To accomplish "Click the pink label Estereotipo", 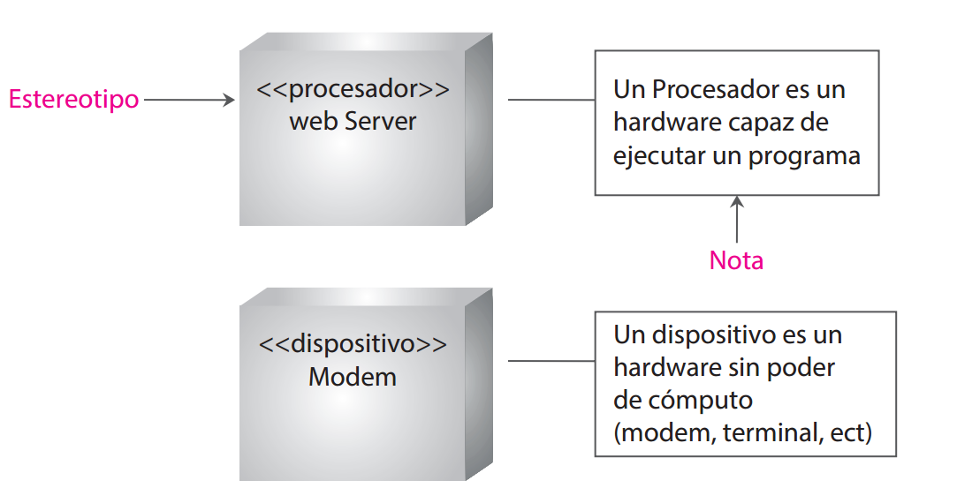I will (x=73, y=100).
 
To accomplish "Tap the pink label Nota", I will (x=736, y=260).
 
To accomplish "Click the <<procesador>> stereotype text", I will (x=353, y=90).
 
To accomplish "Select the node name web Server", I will (x=353, y=121).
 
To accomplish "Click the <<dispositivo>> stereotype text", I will (x=353, y=343).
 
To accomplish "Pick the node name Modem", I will (x=353, y=377).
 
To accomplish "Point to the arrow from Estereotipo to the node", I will (x=189, y=100).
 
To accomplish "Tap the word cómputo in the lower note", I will (x=698, y=400).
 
